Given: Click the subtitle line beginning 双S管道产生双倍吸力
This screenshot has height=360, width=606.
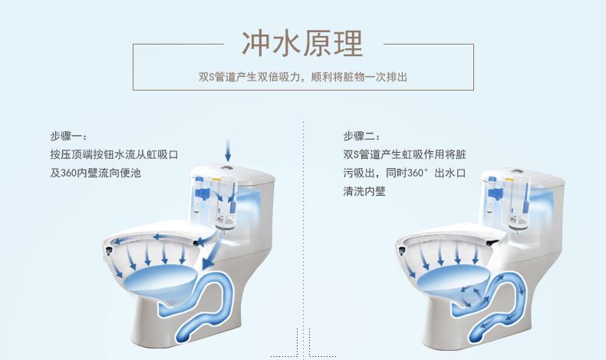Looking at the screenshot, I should click(302, 78).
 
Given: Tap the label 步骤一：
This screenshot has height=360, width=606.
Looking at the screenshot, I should click(70, 136).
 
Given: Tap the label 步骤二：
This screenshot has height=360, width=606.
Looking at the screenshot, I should click(361, 136).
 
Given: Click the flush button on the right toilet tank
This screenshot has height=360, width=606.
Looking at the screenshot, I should click(518, 170).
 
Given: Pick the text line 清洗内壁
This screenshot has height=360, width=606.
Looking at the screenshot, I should click(364, 191).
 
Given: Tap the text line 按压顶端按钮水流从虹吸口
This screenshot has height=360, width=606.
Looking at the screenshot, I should click(114, 154).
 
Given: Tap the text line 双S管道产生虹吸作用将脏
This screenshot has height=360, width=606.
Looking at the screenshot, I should click(404, 154).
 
